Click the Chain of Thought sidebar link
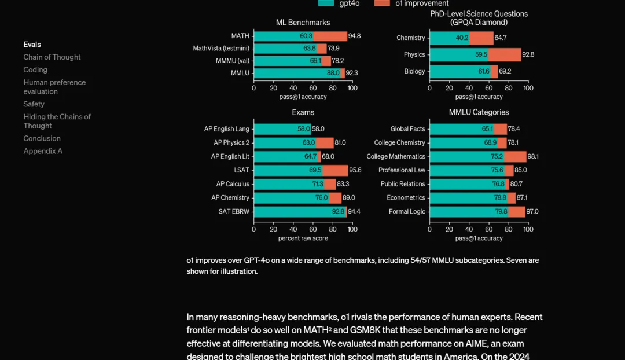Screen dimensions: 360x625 coord(52,57)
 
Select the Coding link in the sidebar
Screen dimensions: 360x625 coord(35,70)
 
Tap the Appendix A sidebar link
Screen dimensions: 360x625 coord(43,151)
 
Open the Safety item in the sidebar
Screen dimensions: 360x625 coord(34,104)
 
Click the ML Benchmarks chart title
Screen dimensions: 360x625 coord(303,23)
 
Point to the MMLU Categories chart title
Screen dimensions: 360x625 coord(479,112)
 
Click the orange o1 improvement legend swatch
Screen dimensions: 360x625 coord(382,3)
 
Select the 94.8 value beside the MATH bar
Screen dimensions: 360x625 coord(355,36)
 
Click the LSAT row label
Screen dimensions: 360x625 coord(241,170)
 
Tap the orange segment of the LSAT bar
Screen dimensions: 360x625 coord(335,170)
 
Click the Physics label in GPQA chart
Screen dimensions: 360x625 coord(414,54)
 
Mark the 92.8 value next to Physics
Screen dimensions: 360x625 coord(528,54)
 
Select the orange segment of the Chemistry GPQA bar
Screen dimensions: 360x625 coord(481,38)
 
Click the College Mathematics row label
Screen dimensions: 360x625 coord(396,156)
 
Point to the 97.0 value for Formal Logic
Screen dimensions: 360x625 coord(532,212)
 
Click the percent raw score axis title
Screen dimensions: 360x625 coord(303,238)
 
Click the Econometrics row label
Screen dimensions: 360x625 coord(406,198)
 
